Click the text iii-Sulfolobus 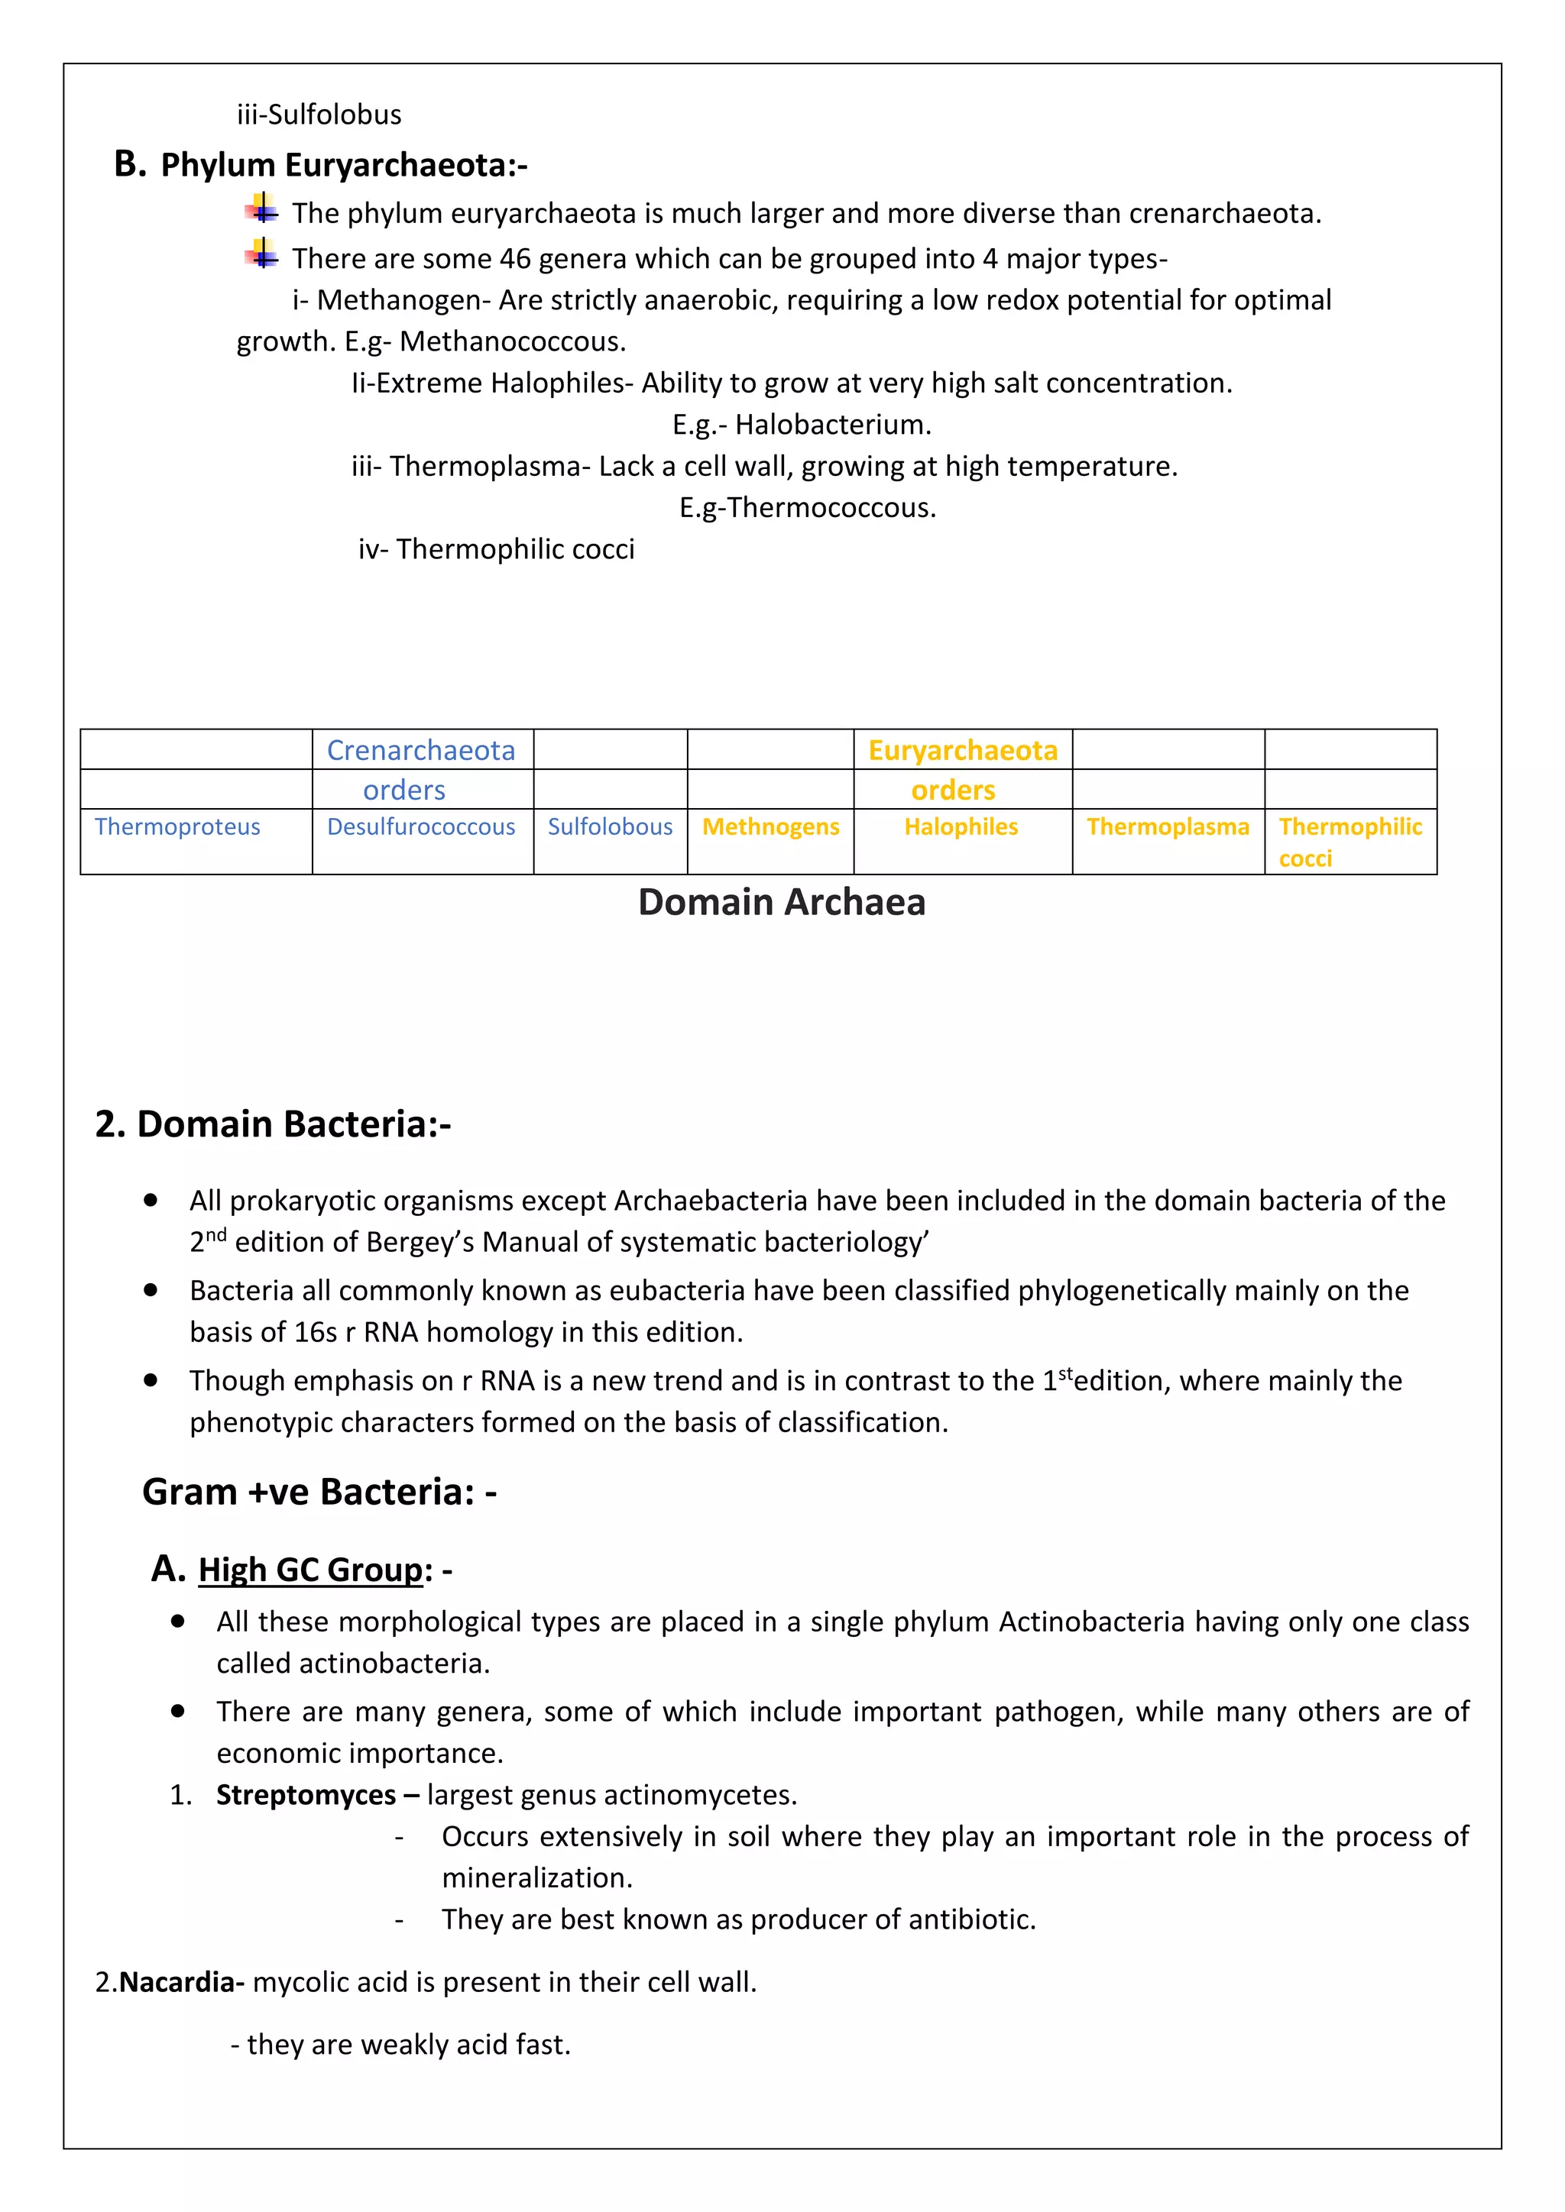[319, 115]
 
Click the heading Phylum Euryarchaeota [343, 165]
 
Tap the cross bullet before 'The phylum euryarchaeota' [261, 210]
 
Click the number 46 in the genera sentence [514, 258]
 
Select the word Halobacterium [833, 424]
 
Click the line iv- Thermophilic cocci [496, 548]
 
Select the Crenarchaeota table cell [421, 749]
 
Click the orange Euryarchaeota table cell [962, 749]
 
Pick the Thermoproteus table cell [177, 826]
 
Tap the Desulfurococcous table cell [421, 826]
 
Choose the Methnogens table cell [770, 826]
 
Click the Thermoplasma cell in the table [1167, 826]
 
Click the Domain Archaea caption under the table [782, 902]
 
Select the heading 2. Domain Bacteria [273, 1124]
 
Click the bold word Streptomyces [306, 1794]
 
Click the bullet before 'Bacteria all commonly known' [151, 1289]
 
